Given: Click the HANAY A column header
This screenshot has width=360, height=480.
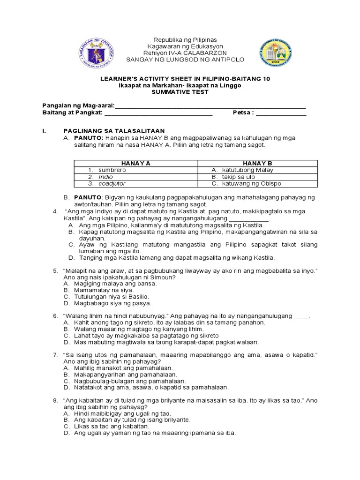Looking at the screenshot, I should tap(135, 162).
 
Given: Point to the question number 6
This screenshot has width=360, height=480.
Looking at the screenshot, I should tap(55, 316).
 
